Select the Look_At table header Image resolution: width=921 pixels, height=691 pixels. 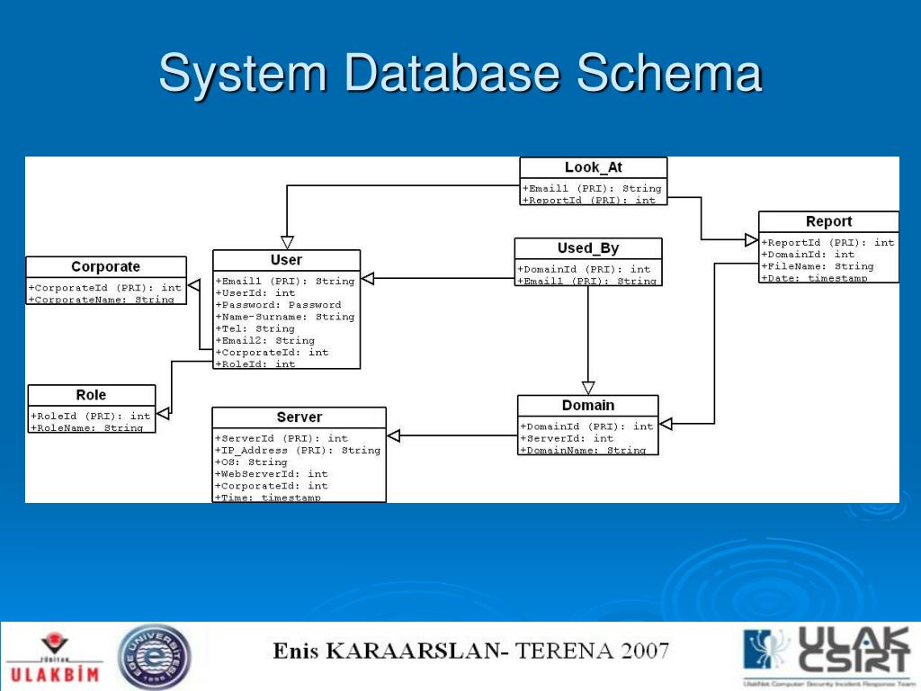click(594, 167)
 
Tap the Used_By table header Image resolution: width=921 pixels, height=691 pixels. click(588, 248)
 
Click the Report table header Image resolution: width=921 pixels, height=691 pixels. click(828, 221)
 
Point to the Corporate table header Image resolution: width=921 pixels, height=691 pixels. click(106, 266)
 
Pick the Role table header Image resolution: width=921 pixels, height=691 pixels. click(91, 395)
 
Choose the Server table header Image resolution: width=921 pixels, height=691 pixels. click(299, 417)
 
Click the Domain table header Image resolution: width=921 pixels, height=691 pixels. click(588, 406)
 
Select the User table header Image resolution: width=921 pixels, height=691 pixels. click(286, 260)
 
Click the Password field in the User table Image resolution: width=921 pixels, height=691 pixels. click(279, 305)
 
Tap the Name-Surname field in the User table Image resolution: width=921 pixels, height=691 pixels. click(285, 317)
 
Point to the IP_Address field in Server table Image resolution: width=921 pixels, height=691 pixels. click(298, 450)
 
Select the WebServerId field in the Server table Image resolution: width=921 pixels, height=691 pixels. click(271, 473)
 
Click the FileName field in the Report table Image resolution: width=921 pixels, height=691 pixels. click(818, 266)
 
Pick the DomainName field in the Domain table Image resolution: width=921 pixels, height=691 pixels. click(583, 450)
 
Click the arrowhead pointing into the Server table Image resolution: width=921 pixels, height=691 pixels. click(394, 436)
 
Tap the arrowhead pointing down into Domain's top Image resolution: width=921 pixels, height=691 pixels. click(588, 388)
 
